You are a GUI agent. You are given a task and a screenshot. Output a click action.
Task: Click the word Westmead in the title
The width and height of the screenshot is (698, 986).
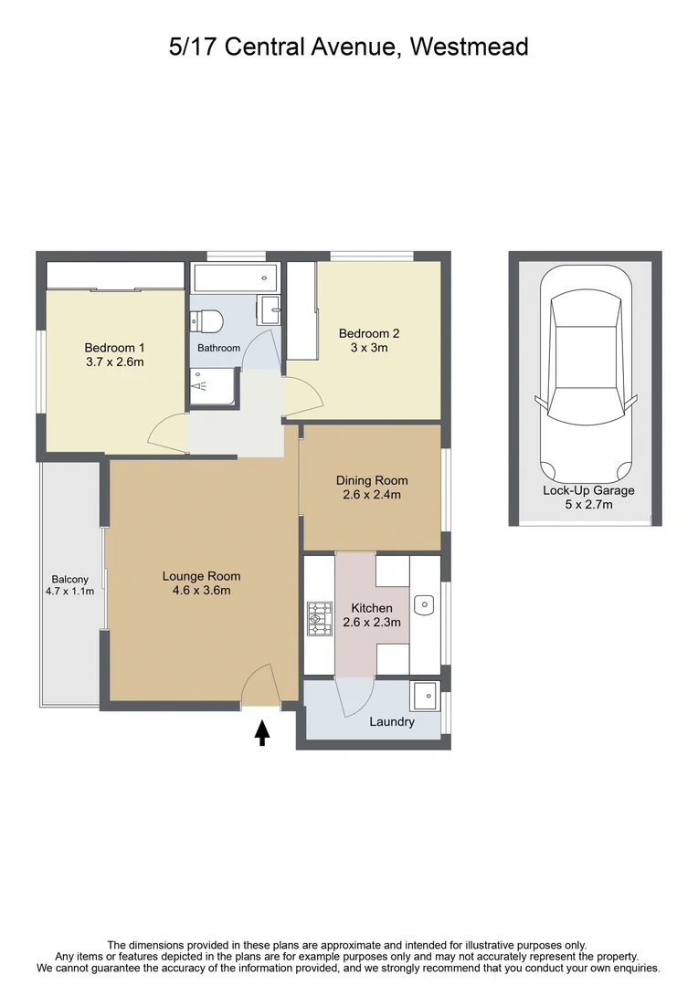click(x=470, y=47)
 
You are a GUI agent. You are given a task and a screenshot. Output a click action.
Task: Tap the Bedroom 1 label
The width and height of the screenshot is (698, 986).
click(x=114, y=347)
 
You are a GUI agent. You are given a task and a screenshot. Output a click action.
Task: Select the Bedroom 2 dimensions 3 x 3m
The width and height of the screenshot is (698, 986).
click(x=369, y=348)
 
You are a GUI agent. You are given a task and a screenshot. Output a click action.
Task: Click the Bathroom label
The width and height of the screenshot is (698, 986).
click(x=219, y=348)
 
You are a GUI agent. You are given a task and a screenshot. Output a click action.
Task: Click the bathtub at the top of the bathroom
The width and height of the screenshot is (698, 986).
click(x=234, y=278)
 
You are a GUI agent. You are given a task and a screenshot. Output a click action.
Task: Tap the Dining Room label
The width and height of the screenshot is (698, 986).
click(x=372, y=480)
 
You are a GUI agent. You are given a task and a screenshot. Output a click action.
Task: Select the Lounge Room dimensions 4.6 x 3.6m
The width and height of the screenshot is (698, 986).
click(x=201, y=591)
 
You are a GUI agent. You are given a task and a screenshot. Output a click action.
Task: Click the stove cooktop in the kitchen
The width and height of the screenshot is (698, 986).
click(x=319, y=618)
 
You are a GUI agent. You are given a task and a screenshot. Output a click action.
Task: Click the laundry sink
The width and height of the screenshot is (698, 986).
click(x=424, y=697)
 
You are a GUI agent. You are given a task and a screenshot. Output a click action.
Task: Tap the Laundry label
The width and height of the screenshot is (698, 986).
click(x=392, y=722)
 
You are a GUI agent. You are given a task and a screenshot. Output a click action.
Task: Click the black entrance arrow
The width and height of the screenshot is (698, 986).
click(x=262, y=732)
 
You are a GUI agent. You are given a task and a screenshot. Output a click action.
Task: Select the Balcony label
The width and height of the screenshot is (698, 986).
click(x=70, y=579)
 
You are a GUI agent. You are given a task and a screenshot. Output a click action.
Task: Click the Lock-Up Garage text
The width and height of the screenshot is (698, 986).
click(x=588, y=490)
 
